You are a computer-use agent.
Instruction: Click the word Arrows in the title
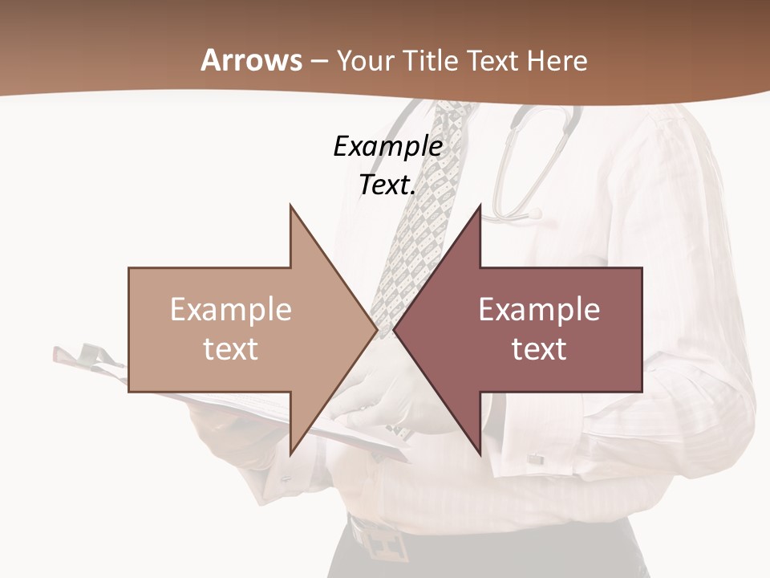251,60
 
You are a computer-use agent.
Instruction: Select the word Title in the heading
430,60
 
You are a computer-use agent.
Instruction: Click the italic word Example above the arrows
387,146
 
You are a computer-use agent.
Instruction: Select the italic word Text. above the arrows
387,185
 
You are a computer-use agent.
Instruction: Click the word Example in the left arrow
230,309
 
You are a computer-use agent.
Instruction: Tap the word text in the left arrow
230,349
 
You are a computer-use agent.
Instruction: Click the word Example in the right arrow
539,309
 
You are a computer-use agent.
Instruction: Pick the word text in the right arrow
539,349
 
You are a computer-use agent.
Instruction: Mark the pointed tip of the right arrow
395,329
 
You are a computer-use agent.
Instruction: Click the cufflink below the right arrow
535,459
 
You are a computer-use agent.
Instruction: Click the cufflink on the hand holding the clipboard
286,479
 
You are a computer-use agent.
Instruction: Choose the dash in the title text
318,62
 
